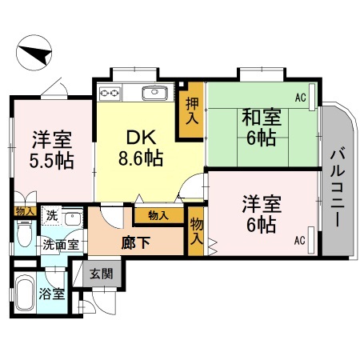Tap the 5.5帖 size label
(53, 160)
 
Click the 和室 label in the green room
(262, 117)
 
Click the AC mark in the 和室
(300, 98)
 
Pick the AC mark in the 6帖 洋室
(300, 239)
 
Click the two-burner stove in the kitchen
(109, 94)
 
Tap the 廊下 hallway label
(130, 241)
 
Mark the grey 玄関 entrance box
(101, 274)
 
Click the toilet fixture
(23, 235)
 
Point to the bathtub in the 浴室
(26, 292)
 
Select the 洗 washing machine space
(50, 216)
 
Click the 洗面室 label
(60, 245)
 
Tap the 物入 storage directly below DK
(157, 214)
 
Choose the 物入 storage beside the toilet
(23, 210)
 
